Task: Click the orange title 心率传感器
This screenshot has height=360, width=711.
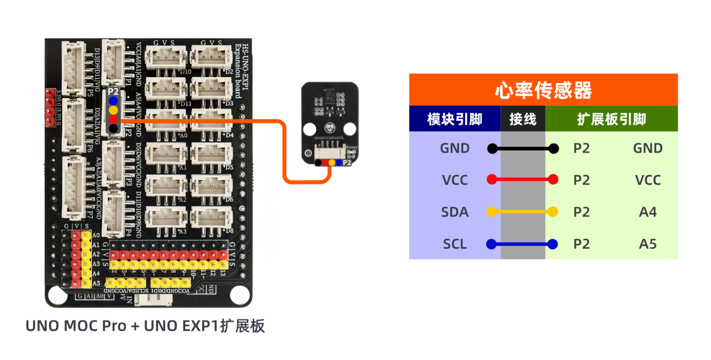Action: pyautogui.click(x=543, y=90)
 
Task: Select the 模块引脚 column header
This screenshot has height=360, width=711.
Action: pyautogui.click(x=455, y=119)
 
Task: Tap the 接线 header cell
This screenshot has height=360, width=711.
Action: pyautogui.click(x=523, y=119)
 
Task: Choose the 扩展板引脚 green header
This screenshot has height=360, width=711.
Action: pyautogui.click(x=611, y=119)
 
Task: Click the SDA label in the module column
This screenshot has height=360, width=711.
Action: pyautogui.click(x=455, y=212)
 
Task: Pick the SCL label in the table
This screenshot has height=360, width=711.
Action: pyautogui.click(x=455, y=244)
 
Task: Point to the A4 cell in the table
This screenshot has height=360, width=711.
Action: pyautogui.click(x=647, y=212)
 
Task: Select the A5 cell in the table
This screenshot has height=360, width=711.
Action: pyautogui.click(x=647, y=244)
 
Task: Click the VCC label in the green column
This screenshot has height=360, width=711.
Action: pyautogui.click(x=647, y=180)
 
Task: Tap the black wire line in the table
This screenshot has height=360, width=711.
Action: pyautogui.click(x=522, y=149)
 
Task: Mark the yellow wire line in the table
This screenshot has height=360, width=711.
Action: pyautogui.click(x=522, y=212)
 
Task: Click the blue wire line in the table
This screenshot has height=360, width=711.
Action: pyautogui.click(x=522, y=244)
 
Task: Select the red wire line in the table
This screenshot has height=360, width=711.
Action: pyautogui.click(x=522, y=180)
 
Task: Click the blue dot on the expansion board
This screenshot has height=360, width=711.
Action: pyautogui.click(x=113, y=101)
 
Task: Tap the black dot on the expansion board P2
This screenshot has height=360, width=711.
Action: pyautogui.click(x=113, y=128)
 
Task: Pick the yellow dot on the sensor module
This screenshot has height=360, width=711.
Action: pyautogui.click(x=332, y=162)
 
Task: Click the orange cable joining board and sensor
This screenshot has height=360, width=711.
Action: pyautogui.click(x=284, y=152)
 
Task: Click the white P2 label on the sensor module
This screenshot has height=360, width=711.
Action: pyautogui.click(x=347, y=162)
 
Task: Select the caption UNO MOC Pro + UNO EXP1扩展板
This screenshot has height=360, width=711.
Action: pyautogui.click(x=145, y=326)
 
